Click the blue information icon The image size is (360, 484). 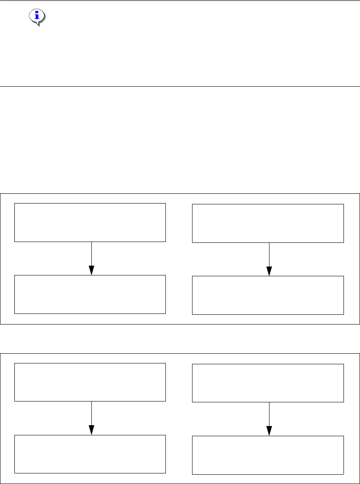coord(38,16)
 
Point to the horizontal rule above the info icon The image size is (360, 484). coord(180,1)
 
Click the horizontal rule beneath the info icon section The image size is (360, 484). coord(180,86)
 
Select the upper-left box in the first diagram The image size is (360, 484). coord(90,223)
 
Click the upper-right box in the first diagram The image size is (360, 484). coord(268,223)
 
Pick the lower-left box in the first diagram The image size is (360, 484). coord(90,294)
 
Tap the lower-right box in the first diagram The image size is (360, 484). coord(268,295)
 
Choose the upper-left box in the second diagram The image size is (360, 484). coord(90,382)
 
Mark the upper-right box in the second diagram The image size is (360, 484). coord(268,382)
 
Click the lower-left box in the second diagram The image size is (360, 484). coord(90,454)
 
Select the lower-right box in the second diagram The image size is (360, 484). coord(268,454)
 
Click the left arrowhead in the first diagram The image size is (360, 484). coord(91,270)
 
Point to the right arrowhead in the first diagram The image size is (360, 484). coord(269,271)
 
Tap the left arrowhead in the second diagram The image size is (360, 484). coord(91,430)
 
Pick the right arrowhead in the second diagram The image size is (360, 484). coord(269,431)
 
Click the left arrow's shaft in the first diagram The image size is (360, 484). coord(91,254)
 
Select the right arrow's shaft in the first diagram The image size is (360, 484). coord(269,255)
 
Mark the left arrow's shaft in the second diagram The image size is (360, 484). coord(91,413)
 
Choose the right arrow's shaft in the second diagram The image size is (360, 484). coord(269,414)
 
